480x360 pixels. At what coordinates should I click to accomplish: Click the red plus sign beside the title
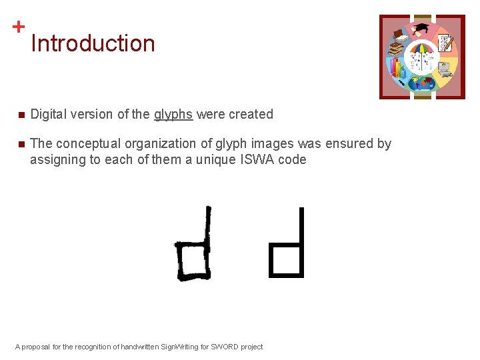point(19,27)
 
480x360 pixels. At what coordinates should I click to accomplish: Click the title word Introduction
point(93,43)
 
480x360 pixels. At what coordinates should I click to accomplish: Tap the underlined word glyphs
point(173,115)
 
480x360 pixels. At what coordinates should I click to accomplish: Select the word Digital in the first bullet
point(48,114)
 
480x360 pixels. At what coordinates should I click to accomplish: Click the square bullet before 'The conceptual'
point(21,144)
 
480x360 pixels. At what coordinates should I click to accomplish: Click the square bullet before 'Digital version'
point(21,115)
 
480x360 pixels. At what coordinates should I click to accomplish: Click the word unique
point(215,159)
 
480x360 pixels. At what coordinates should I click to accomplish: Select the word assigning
point(56,159)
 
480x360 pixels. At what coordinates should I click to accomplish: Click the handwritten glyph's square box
point(193,261)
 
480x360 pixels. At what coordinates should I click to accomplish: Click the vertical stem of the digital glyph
point(301,227)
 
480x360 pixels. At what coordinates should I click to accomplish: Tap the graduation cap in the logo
point(422,28)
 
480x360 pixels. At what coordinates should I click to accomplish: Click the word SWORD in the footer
point(221,347)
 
